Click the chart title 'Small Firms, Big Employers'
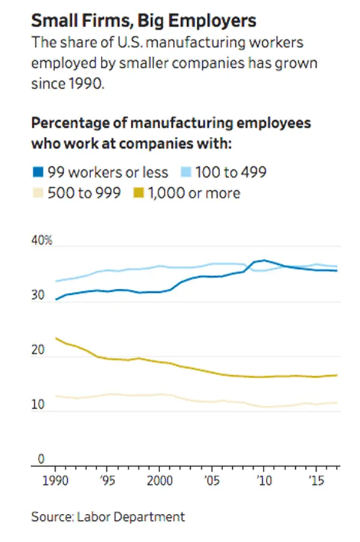click(x=143, y=22)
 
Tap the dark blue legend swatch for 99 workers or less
click(x=38, y=173)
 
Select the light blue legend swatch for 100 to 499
click(x=187, y=173)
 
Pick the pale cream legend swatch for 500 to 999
click(x=38, y=193)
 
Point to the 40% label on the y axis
click(x=41, y=241)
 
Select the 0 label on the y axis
click(x=41, y=459)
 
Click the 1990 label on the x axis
click(x=55, y=481)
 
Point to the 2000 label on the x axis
click(x=160, y=481)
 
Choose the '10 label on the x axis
click(x=264, y=481)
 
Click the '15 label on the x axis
click(x=316, y=481)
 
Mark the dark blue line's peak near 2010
click(x=263, y=260)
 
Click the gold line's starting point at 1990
click(x=56, y=339)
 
